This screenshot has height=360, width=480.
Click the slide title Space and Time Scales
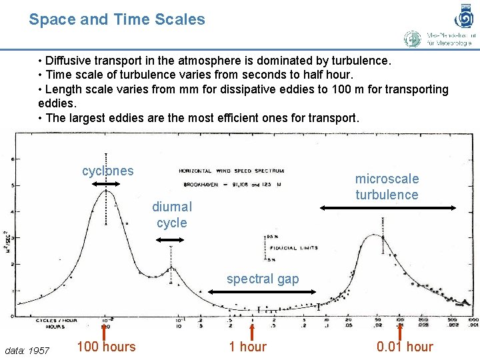tap(117, 19)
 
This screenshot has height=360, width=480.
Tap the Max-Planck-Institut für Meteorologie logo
tap(440, 39)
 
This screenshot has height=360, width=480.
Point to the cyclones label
tap(107, 171)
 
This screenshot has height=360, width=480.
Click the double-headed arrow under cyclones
tap(105, 182)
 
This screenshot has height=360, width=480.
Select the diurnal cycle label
tap(171, 215)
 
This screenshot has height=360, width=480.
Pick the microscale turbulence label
tap(387, 187)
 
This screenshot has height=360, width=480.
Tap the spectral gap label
tap(263, 279)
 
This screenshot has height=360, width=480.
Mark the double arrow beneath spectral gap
tap(253, 291)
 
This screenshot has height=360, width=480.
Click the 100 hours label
tap(106, 347)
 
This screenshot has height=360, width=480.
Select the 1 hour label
tap(247, 347)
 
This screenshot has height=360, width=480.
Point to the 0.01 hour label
tap(404, 347)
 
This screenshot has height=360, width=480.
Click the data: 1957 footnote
tap(27, 351)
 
